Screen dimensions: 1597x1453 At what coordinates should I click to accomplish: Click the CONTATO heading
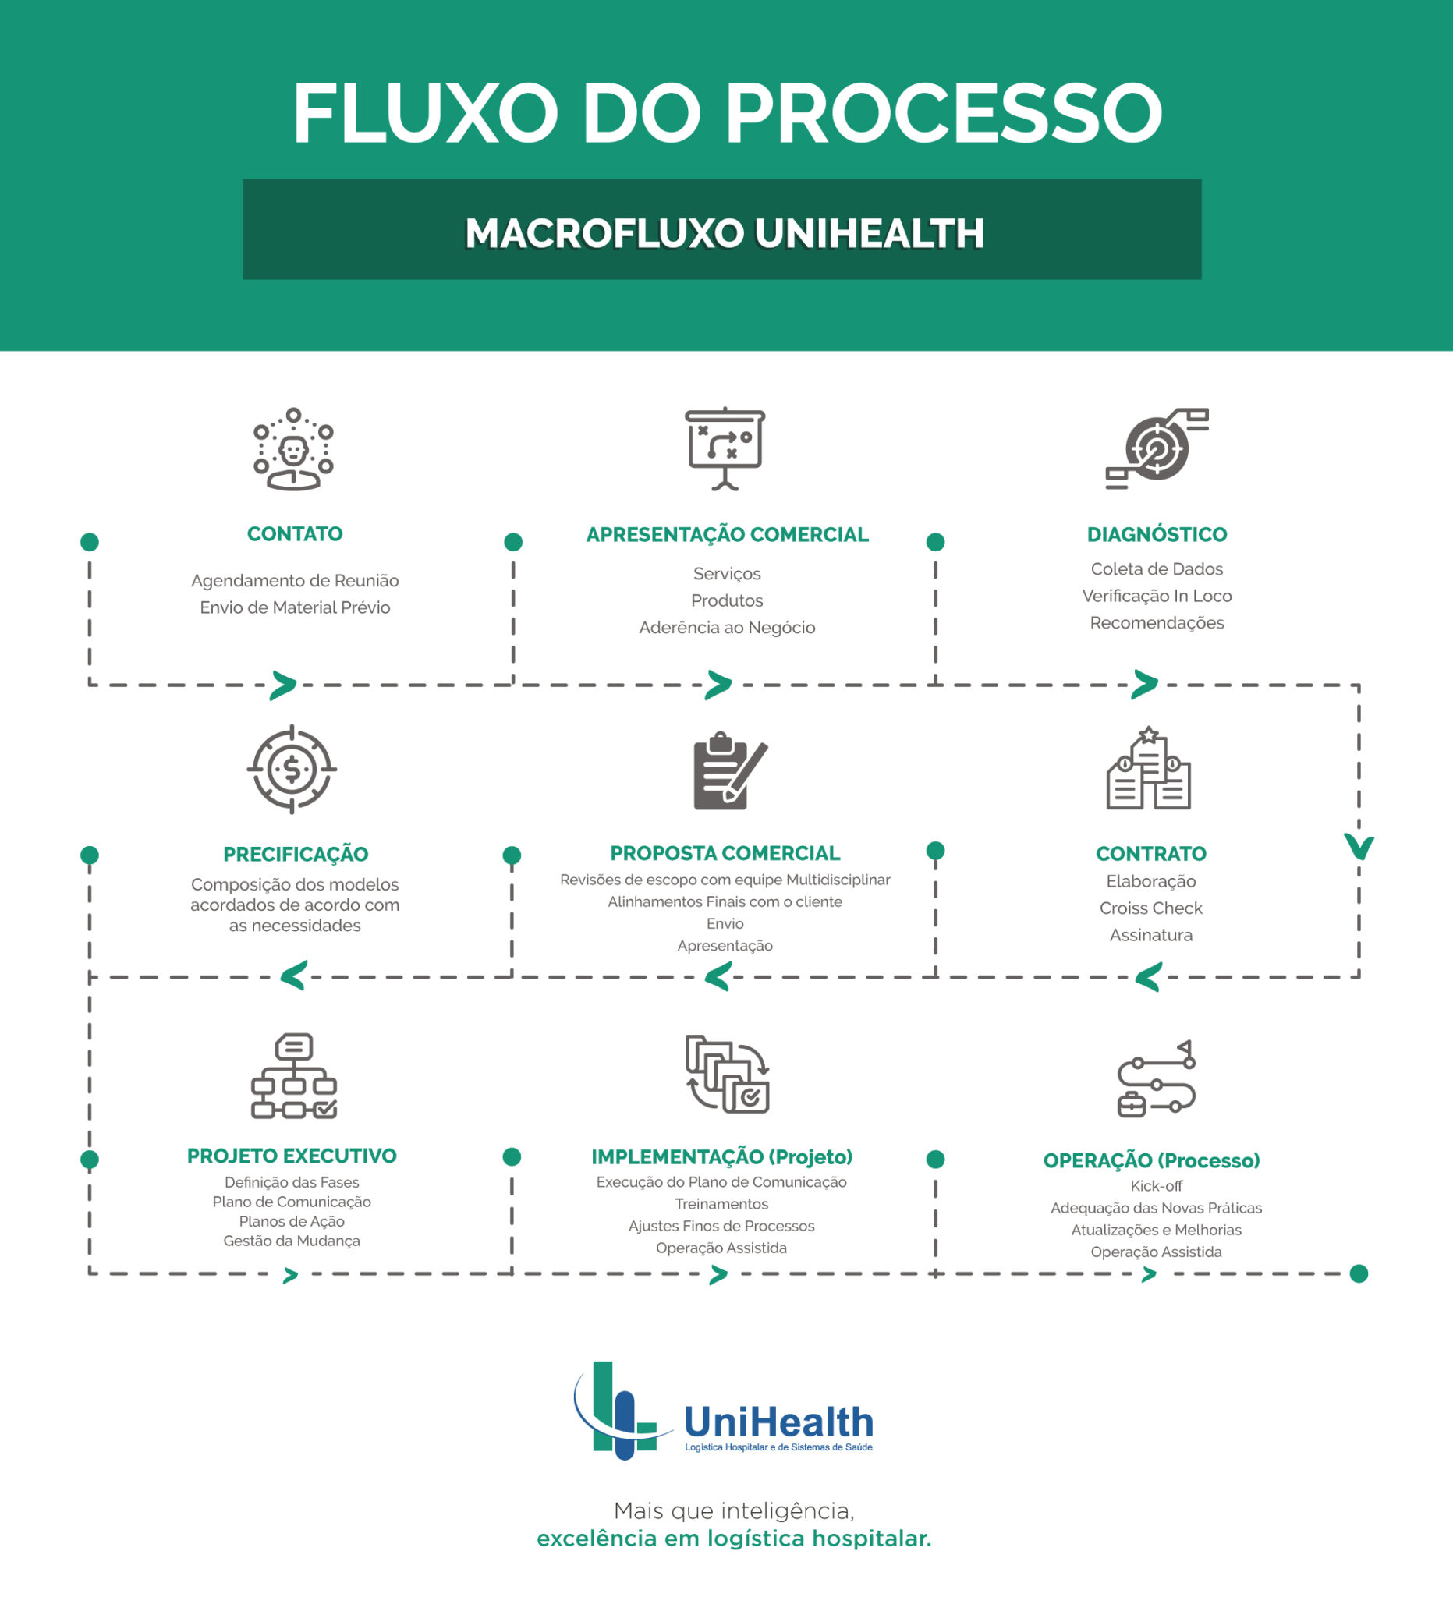295,534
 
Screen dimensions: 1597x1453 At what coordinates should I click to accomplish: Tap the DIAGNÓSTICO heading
1157,535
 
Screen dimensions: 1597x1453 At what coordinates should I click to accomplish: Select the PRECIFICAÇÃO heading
296,854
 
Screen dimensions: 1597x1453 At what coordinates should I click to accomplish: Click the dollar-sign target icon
292,769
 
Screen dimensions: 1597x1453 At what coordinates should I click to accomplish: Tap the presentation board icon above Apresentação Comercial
725,448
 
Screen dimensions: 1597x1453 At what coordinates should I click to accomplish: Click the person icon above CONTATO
293,450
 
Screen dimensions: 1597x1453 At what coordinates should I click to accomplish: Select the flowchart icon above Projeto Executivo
294,1076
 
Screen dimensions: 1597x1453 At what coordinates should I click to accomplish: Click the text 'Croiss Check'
1150,908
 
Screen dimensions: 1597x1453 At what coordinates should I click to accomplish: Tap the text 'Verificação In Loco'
1157,596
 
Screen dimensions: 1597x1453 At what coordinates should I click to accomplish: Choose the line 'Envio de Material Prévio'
295,607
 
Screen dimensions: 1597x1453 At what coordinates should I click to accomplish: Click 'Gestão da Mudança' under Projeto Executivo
292,1241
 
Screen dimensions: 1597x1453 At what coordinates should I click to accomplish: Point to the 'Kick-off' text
1156,1186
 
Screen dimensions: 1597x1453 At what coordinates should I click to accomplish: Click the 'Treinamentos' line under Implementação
721,1204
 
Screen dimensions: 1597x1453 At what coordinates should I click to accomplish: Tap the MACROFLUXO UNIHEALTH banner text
724,234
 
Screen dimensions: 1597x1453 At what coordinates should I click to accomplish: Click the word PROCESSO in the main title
943,113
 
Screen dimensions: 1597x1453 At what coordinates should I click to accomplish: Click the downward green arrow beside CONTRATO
1359,847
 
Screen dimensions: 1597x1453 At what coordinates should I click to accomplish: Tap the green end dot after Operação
1359,1274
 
